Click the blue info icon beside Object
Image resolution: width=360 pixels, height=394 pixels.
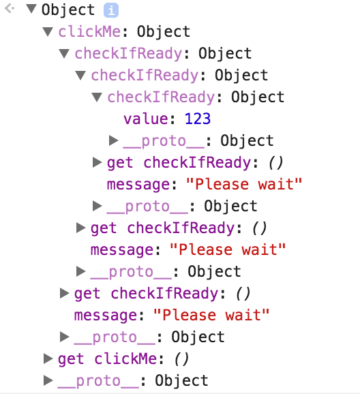coord(111,10)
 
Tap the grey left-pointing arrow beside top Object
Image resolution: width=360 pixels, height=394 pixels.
coord(10,9)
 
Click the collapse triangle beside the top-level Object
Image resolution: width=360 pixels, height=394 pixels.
coord(31,9)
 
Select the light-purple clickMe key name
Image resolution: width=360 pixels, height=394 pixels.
coord(89,31)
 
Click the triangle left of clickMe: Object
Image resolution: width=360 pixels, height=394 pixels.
coord(48,32)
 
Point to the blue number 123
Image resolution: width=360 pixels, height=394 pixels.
coord(198,119)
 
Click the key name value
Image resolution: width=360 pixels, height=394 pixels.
coord(147,119)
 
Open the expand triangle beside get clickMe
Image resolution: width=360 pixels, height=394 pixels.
coord(48,359)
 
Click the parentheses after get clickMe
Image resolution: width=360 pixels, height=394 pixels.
coord(181,359)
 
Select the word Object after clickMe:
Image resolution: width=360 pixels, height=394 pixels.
coord(164,31)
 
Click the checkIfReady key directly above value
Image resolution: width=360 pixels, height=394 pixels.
coord(161,97)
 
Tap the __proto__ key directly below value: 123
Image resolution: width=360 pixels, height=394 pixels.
coord(164,141)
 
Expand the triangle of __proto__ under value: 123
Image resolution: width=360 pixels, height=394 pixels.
coord(113,140)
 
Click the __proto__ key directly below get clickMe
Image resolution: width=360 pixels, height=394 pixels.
coord(98,381)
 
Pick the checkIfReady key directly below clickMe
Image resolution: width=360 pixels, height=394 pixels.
coord(128,54)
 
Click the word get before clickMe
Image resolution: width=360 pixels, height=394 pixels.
coord(71,359)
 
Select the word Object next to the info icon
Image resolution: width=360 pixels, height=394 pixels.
coord(68,10)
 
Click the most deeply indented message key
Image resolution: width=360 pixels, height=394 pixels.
coord(139,185)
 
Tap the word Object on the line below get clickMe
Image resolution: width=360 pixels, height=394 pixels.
coord(181,380)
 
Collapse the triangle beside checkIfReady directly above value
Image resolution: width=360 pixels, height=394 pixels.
coord(97,97)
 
